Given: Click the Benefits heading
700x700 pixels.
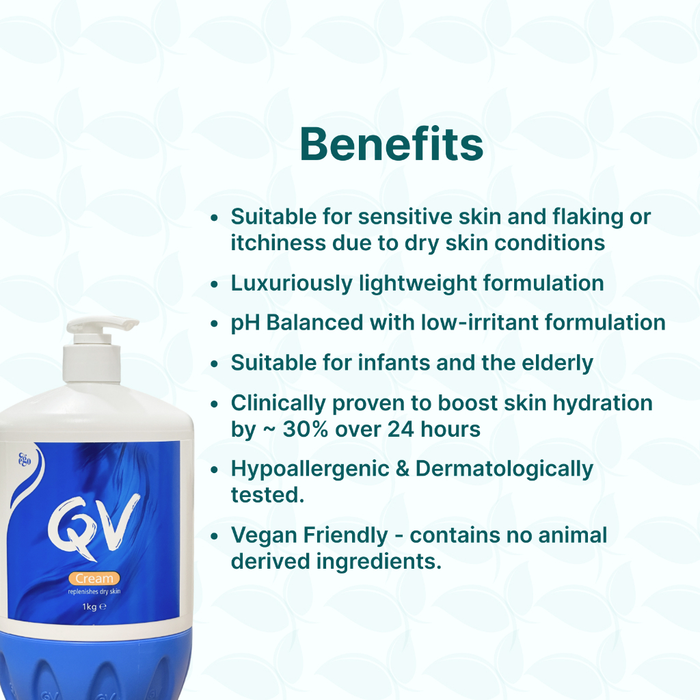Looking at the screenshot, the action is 392,144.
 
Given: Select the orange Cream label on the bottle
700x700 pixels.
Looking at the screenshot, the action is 94,578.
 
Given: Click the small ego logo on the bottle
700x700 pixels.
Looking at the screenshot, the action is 25,459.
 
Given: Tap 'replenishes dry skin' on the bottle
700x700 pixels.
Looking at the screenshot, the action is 94,592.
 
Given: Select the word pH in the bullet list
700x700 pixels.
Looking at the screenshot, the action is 245,323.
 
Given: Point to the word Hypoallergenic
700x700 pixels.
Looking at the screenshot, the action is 310,469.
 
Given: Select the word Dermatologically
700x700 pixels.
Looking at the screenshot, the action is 504,469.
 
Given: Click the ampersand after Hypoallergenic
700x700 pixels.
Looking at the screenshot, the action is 403,469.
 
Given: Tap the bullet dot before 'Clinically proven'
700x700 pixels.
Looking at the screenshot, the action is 215,404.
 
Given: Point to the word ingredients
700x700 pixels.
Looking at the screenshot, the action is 379,562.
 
